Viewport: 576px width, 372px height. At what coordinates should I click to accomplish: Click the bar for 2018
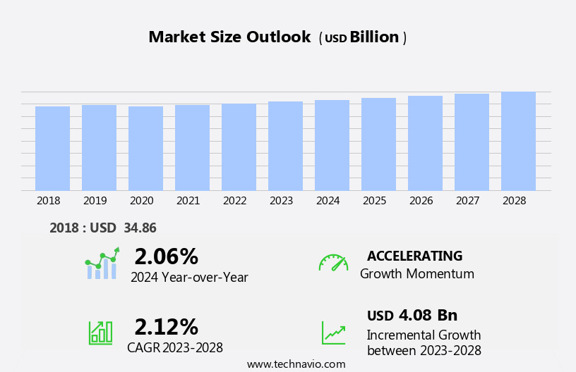[x=52, y=149]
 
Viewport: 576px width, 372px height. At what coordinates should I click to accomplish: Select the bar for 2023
[x=285, y=146]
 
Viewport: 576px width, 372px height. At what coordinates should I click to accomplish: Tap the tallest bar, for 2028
[x=518, y=141]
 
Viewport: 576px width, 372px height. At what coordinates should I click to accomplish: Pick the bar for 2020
[x=145, y=149]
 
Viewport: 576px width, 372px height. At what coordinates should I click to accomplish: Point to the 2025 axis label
[x=374, y=201]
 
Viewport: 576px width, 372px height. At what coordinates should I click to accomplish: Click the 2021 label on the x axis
[x=188, y=201]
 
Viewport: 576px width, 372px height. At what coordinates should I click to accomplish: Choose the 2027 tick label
[x=467, y=201]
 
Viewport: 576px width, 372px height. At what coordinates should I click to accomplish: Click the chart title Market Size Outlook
[x=229, y=37]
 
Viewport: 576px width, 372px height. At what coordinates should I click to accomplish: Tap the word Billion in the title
[x=374, y=37]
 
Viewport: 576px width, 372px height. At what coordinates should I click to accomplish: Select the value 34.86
[x=140, y=228]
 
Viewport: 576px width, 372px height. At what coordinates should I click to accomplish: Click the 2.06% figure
[x=166, y=256]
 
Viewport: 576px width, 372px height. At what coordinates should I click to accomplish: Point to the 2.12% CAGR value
[x=166, y=327]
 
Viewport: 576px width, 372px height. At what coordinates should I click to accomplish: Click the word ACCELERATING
[x=414, y=256]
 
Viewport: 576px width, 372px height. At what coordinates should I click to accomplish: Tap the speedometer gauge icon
[x=333, y=263]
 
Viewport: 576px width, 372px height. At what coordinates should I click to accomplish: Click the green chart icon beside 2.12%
[x=100, y=332]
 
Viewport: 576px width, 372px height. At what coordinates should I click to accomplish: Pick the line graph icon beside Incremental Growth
[x=333, y=332]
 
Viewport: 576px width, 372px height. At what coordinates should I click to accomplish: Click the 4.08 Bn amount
[x=428, y=315]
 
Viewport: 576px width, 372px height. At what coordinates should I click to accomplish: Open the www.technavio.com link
[x=296, y=364]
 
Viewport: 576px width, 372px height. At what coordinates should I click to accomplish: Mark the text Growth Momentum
[x=416, y=274]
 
